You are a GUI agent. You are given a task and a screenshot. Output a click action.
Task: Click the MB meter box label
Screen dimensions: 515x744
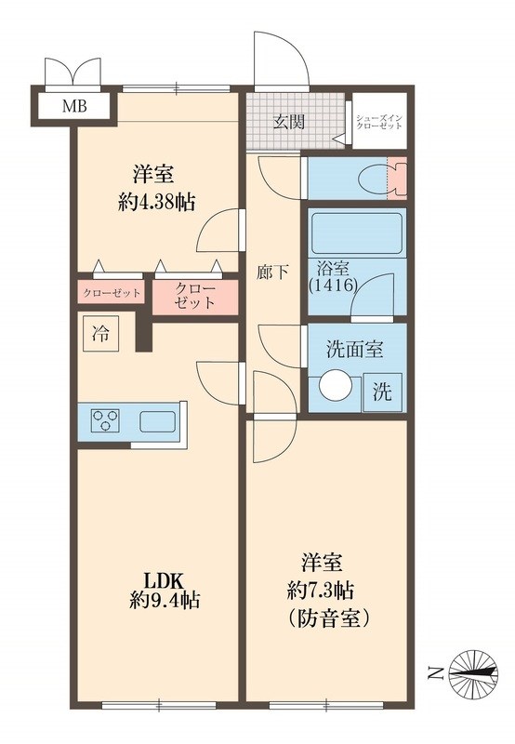click(x=75, y=106)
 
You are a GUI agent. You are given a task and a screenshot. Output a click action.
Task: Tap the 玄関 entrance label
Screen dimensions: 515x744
click(x=288, y=122)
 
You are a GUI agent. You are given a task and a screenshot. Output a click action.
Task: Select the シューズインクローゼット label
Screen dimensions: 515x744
click(x=379, y=122)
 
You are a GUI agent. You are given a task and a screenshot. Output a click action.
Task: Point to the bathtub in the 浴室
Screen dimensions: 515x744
click(x=357, y=233)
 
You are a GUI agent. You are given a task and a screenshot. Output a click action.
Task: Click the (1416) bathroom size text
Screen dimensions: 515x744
click(x=333, y=286)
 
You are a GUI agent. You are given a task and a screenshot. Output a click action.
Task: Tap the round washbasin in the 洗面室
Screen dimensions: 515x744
click(x=335, y=385)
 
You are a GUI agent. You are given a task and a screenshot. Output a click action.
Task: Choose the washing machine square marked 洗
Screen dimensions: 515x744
click(x=382, y=392)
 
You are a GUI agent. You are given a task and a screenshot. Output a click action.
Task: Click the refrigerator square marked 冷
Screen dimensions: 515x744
click(x=100, y=334)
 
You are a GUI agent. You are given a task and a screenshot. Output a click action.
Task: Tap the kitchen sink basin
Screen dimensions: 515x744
click(x=158, y=421)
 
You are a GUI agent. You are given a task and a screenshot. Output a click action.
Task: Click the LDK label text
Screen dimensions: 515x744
click(x=165, y=579)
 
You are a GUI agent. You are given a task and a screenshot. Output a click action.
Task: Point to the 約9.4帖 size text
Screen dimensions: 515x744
click(x=165, y=601)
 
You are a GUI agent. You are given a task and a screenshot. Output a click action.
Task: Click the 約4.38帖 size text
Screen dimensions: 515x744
click(x=156, y=203)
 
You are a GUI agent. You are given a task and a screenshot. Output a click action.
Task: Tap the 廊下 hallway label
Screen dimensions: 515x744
click(x=272, y=272)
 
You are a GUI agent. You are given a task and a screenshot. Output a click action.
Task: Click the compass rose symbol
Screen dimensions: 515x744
click(x=473, y=672)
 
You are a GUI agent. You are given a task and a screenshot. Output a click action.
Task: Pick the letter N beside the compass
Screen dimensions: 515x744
click(x=432, y=673)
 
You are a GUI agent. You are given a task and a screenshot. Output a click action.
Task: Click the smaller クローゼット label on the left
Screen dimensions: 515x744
click(x=112, y=293)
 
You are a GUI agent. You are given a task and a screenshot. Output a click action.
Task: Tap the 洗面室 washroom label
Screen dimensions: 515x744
click(x=354, y=350)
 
